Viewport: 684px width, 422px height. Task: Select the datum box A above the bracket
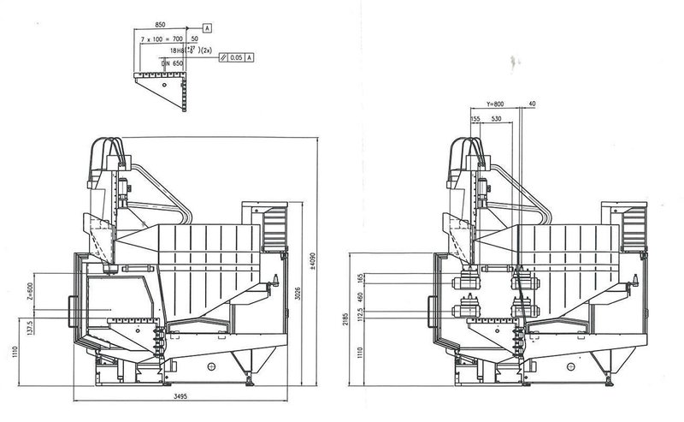[207, 28]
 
